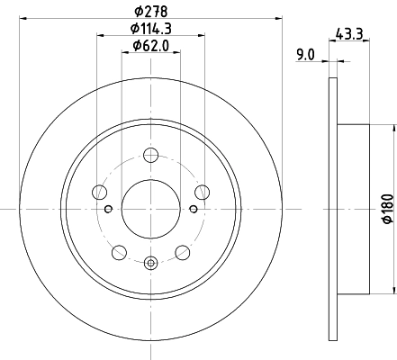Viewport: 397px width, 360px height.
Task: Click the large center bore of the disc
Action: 150,209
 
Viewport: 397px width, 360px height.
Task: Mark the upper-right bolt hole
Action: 202,191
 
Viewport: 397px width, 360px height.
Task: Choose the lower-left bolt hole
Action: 119,252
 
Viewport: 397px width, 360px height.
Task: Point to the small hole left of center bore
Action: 107,210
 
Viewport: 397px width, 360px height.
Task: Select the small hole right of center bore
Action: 194,210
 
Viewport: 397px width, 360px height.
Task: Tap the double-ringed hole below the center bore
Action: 150,263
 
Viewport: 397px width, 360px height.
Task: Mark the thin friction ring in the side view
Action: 334,209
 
